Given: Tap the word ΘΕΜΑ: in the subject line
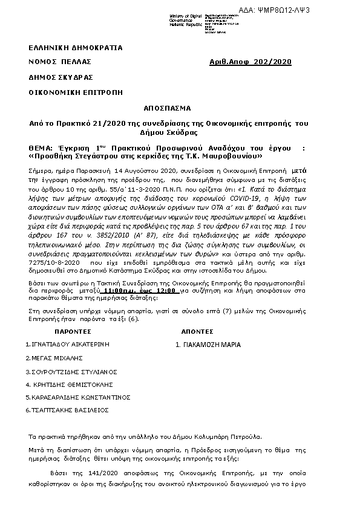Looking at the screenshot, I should pos(43,148).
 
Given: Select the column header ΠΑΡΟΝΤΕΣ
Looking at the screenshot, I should pos(73,332).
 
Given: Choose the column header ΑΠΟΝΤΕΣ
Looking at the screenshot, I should pos(197,332).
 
